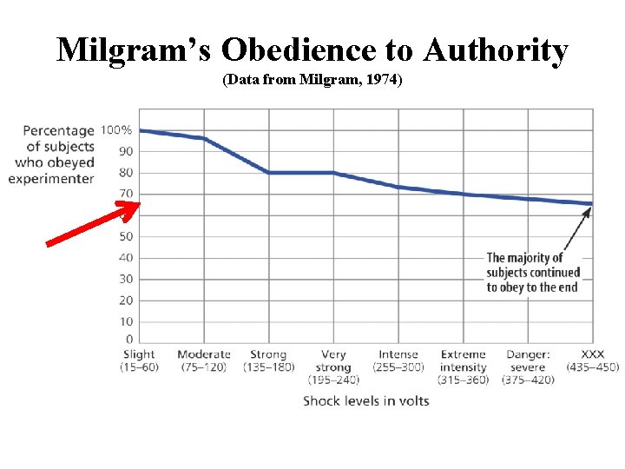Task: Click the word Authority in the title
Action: point(496,50)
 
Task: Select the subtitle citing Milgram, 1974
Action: point(312,81)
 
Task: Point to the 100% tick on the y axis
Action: point(117,130)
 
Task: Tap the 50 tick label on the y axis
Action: point(126,236)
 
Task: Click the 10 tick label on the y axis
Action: point(126,321)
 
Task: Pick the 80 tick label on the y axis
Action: point(126,173)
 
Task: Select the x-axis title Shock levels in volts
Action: point(365,400)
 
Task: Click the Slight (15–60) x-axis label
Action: point(139,360)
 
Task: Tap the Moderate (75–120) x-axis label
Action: point(204,360)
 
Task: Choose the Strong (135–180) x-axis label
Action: point(268,360)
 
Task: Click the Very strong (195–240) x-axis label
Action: point(333,367)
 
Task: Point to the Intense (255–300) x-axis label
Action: point(398,360)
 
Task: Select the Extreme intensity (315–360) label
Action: point(464,367)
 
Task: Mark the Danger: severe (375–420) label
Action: point(528,367)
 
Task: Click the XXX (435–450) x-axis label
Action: point(593,360)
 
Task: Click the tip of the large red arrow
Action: point(139,205)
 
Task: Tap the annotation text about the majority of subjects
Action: point(532,272)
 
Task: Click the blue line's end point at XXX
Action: point(592,204)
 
